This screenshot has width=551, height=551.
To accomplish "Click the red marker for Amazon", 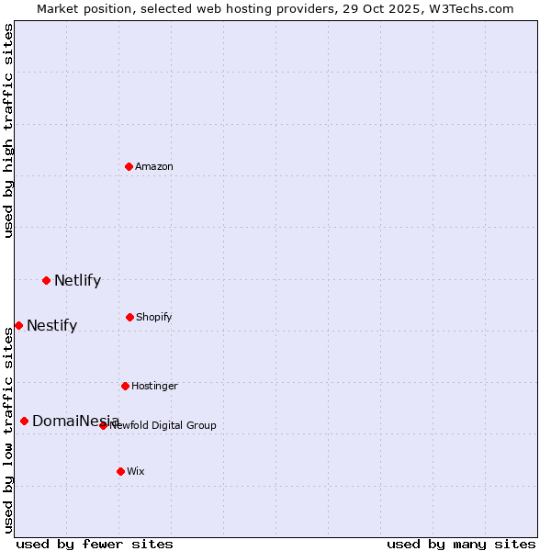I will (x=129, y=166).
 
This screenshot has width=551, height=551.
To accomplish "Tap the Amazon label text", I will (x=154, y=167).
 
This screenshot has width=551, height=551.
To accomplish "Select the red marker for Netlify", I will (x=46, y=280).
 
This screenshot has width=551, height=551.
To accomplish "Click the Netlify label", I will (x=77, y=281).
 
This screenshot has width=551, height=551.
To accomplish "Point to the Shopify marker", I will (x=129, y=317).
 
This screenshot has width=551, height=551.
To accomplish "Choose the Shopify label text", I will (x=154, y=318).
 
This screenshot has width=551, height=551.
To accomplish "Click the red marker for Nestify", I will (x=18, y=325).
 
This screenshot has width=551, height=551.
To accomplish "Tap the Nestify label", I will (x=51, y=326).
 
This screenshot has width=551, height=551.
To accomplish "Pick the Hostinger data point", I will (x=125, y=386).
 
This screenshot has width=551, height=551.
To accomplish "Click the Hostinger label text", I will (x=154, y=387).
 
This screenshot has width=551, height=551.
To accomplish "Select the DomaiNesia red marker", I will (x=24, y=421).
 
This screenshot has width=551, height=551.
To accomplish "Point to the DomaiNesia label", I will (x=75, y=422).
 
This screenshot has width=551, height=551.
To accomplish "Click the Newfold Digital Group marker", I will (x=103, y=425).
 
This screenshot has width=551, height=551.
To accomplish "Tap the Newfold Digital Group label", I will (x=163, y=426).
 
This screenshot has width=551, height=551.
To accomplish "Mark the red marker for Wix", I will (x=120, y=471).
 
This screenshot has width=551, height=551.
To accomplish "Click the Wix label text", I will (x=136, y=472).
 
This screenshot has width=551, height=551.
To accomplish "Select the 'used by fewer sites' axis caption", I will (x=95, y=544).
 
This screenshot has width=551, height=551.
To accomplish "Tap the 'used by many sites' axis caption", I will (x=461, y=544).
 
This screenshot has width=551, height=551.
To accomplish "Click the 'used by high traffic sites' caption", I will (x=8, y=130).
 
